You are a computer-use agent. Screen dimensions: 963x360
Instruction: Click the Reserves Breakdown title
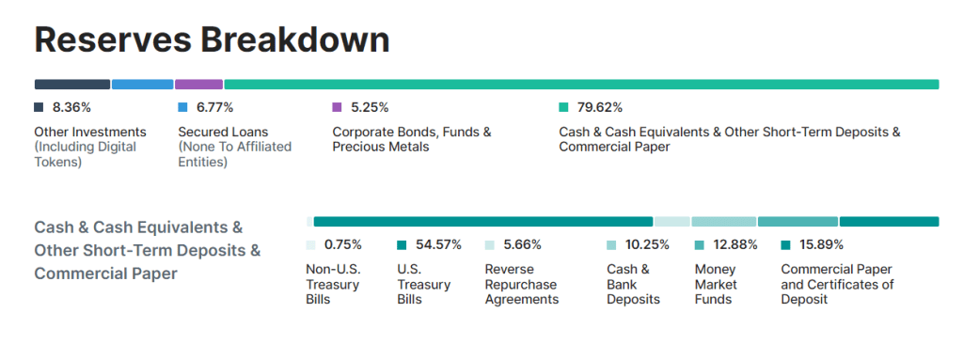(212, 40)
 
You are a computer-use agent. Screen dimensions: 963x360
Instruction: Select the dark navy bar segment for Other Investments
(72, 85)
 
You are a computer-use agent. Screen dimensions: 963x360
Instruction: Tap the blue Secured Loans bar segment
(143, 85)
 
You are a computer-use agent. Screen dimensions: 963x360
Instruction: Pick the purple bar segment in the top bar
(199, 85)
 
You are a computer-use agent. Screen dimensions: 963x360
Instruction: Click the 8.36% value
(71, 107)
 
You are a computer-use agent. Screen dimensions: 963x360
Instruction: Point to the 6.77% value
(215, 107)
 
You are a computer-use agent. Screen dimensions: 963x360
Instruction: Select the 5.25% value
(370, 107)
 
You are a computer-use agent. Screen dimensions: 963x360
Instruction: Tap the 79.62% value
(599, 107)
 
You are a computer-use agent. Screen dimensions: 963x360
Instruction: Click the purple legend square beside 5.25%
(337, 107)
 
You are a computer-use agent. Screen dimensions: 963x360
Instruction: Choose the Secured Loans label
(224, 133)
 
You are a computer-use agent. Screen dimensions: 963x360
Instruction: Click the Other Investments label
(90, 133)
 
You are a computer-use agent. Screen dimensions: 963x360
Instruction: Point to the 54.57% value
(438, 244)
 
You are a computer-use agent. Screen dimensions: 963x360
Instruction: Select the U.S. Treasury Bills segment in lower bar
(483, 222)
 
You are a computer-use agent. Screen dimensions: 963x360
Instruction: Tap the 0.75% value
(343, 244)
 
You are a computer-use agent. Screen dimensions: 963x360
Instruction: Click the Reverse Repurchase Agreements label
(522, 285)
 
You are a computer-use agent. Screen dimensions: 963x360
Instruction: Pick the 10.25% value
(647, 244)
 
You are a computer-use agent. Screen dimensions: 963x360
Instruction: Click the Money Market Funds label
(716, 285)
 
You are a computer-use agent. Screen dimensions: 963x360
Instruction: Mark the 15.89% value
(822, 244)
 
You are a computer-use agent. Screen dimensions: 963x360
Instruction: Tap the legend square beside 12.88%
(700, 245)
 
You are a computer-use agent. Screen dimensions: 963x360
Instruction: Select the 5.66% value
(523, 244)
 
